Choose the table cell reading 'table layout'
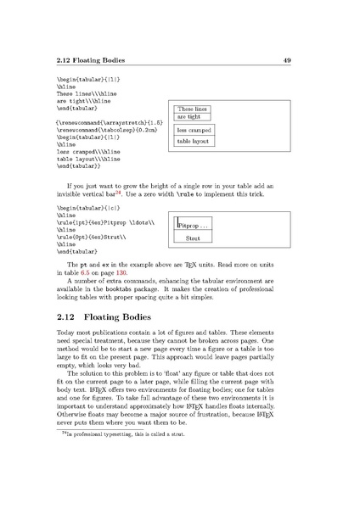pos(194,142)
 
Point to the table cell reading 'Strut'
pos(192,240)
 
